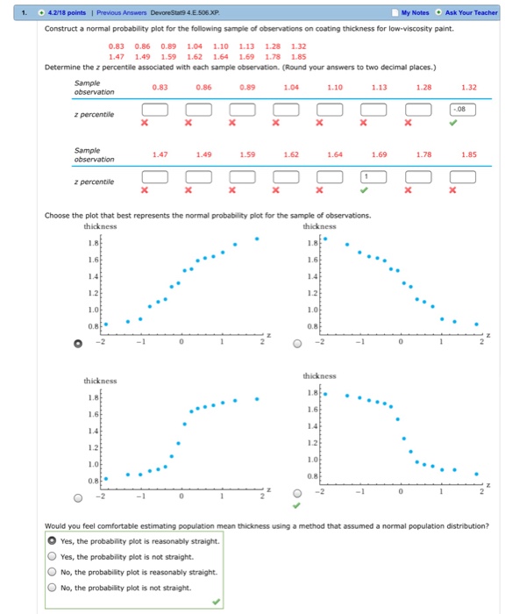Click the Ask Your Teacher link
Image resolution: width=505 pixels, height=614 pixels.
(472, 12)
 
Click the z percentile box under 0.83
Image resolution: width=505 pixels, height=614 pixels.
(155, 109)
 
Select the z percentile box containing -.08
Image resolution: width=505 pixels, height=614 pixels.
(461, 109)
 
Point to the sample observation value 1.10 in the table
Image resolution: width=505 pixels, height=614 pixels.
(334, 87)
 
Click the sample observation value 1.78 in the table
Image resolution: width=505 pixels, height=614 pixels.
(423, 154)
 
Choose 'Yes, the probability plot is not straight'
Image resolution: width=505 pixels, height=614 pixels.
(53, 556)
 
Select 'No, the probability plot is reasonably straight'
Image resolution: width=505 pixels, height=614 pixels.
(53, 572)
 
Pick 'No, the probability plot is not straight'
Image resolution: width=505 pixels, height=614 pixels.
(53, 588)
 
